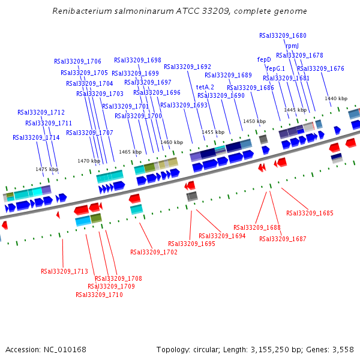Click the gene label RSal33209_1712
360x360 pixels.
tap(41, 112)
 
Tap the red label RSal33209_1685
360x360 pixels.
tap(310, 213)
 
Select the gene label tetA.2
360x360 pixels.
tap(205, 87)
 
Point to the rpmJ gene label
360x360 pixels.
tap(292, 46)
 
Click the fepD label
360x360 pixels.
tap(264, 59)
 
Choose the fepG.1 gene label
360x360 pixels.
tap(276, 68)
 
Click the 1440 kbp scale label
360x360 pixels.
tap(336, 98)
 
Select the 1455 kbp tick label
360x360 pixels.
tap(212, 132)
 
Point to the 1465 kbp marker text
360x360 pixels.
tap(130, 152)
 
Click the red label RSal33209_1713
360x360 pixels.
tap(64, 271)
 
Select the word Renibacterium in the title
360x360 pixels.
tap(83, 11)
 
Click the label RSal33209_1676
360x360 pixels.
tap(320, 68)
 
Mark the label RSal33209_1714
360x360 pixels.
tap(36, 137)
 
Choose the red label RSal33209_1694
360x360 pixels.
tap(222, 236)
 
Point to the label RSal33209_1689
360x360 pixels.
tap(228, 75)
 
